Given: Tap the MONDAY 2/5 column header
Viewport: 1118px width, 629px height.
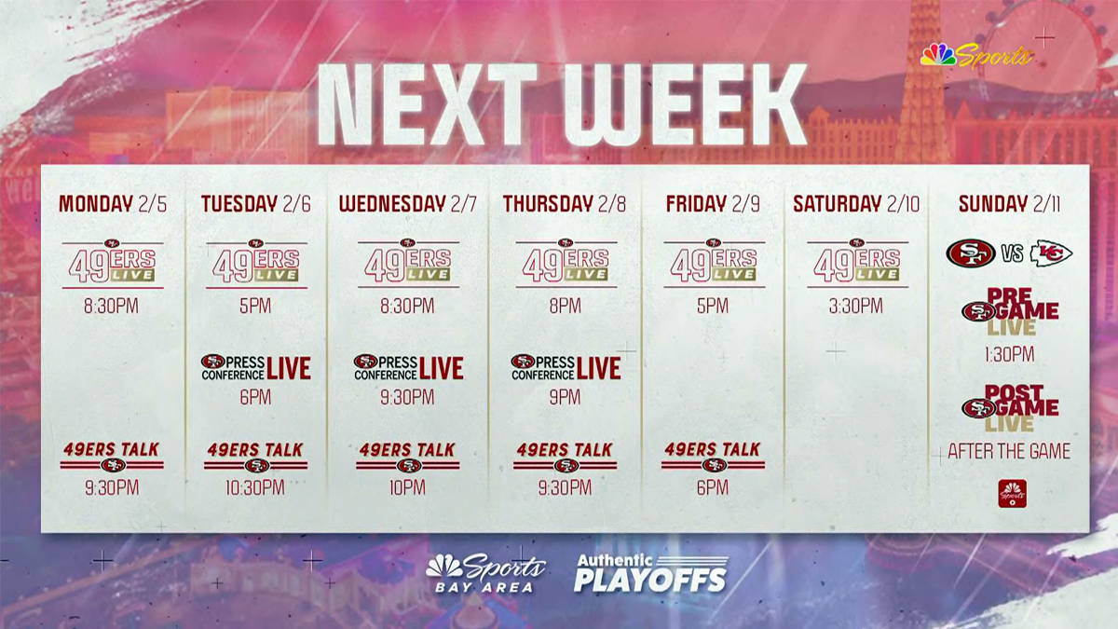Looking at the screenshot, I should [x=113, y=204].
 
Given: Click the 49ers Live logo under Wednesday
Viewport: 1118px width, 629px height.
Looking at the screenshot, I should [x=407, y=262].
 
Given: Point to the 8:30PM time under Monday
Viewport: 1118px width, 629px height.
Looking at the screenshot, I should [x=113, y=306].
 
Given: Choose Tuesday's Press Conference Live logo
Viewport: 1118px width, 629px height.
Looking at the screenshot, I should [x=255, y=367].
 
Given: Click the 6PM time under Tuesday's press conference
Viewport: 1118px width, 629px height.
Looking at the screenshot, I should [x=255, y=398].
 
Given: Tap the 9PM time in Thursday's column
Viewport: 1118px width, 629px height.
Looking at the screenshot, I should [x=565, y=398].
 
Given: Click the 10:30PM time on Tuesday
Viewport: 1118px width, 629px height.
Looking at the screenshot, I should [x=255, y=487].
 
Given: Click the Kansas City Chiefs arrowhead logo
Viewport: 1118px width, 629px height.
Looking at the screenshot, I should [x=1051, y=253].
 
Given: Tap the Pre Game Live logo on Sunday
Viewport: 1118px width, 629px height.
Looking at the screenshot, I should [x=1010, y=311].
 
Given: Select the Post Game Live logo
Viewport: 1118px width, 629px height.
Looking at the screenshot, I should [x=1010, y=408].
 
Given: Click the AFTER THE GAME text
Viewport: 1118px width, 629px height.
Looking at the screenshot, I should [x=1009, y=452].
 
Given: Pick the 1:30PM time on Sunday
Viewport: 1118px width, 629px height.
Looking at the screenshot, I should [x=1009, y=355].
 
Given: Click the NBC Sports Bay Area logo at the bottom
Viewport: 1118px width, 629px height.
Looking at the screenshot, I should [x=485, y=572].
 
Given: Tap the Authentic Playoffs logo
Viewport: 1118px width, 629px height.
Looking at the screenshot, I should [x=649, y=572].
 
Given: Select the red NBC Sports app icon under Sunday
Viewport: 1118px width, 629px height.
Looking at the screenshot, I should [x=1012, y=493].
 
